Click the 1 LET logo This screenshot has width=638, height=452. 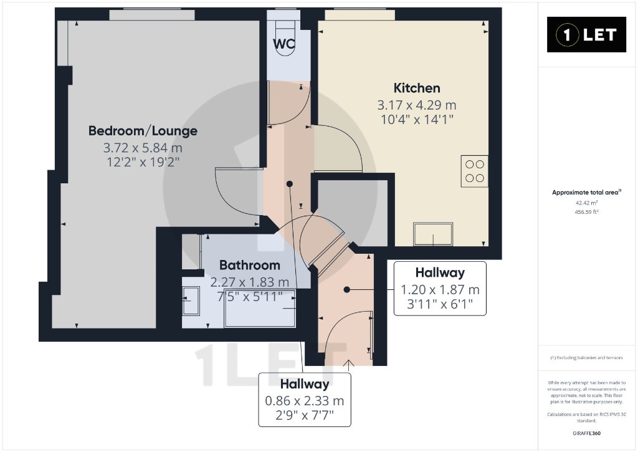coord(586,35)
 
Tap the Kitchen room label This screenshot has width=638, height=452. coord(417,88)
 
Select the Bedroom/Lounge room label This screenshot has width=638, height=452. coord(143,131)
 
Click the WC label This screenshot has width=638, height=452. coord(283,44)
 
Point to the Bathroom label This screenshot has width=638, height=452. coord(249,265)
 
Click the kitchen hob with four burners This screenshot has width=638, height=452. coord(474,171)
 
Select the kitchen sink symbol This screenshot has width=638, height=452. coord(433,234)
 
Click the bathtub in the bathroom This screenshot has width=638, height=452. coord(260,308)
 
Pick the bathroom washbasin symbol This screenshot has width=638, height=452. coord(191,301)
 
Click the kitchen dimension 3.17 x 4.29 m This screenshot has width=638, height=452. coord(417,105)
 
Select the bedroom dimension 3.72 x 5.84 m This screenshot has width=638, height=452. coord(143,147)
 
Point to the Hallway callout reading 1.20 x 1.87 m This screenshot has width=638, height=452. coord(440,289)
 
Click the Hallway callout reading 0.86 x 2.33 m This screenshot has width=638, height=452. coord(305,400)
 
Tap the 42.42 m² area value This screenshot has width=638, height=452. coord(586,203)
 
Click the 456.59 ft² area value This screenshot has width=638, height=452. coord(586,212)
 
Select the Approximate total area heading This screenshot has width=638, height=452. coord(586,193)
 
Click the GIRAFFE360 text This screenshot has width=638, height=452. coord(586,433)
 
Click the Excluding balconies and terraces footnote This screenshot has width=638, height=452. coord(586,358)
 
